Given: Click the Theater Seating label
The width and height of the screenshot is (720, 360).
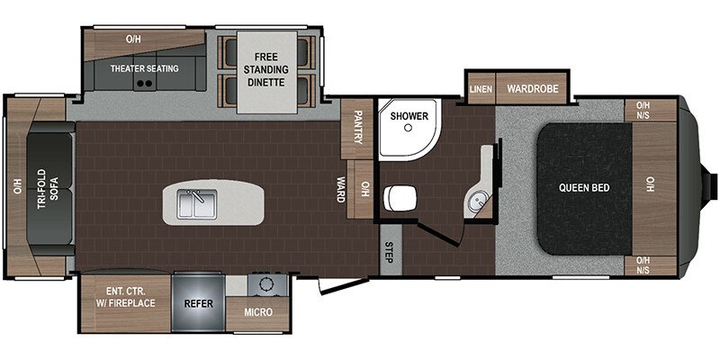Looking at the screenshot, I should (144, 68).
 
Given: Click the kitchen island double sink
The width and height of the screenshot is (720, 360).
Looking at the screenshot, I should (195, 204).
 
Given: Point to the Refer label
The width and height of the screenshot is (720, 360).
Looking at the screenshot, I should (198, 304).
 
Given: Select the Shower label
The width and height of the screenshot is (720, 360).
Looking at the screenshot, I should (408, 116).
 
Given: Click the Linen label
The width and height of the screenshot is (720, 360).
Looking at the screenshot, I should (481, 88).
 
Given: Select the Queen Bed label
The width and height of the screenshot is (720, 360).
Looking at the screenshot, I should (586, 188).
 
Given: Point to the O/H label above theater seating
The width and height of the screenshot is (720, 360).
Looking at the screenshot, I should (133, 39).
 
